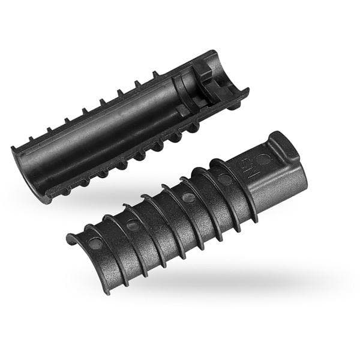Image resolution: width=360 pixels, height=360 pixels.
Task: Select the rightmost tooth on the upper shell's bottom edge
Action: [x=194, y=127]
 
